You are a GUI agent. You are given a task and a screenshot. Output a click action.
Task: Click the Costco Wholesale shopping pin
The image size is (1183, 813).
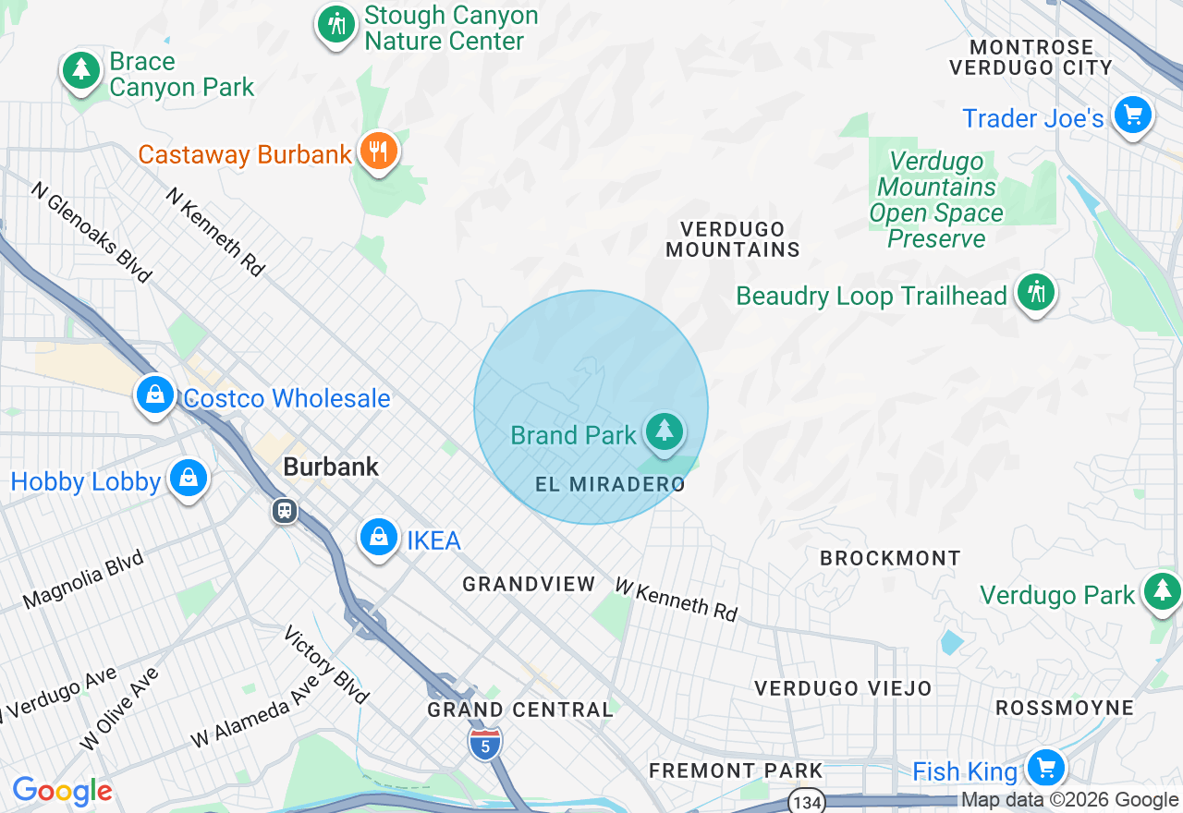pos(154,394)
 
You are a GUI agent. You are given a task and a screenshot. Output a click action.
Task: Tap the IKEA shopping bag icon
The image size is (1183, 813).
pos(378,536)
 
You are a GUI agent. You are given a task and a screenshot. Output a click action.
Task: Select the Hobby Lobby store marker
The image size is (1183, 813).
pos(189,478)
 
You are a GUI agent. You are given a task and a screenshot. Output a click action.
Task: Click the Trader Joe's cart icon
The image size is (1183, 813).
pos(1133,115)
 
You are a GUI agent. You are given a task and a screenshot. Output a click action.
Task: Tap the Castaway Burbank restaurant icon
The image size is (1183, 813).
pos(377,150)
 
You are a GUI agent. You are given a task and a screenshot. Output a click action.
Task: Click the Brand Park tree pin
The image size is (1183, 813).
pos(664,431)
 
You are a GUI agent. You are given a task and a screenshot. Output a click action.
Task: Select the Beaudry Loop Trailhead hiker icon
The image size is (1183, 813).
pos(1035,292)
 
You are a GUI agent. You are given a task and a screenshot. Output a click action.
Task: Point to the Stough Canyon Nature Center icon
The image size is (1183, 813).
pos(335,24)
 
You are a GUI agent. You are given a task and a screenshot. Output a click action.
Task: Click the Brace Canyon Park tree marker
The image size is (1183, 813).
pos(81,70)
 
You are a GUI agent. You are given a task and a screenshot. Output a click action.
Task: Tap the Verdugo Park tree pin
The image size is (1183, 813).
pos(1162,591)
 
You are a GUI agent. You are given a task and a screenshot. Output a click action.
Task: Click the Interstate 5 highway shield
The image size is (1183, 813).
pos(484,744)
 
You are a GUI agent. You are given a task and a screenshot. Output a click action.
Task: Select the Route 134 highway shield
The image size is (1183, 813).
pos(808,801)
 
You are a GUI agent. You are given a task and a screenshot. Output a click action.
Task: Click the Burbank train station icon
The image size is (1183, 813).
pos(285,510)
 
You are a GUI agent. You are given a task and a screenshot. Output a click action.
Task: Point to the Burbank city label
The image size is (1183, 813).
pos(331,467)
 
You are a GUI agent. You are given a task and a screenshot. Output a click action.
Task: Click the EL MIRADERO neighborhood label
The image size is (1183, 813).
pos(611,484)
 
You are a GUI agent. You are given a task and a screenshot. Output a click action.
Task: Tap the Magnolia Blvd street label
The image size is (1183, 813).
pos(83,579)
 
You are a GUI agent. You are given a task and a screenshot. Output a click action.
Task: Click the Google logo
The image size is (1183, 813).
pos(62,791)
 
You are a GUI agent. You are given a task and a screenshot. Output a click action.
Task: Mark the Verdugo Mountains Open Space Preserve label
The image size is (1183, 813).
pos(935,200)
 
